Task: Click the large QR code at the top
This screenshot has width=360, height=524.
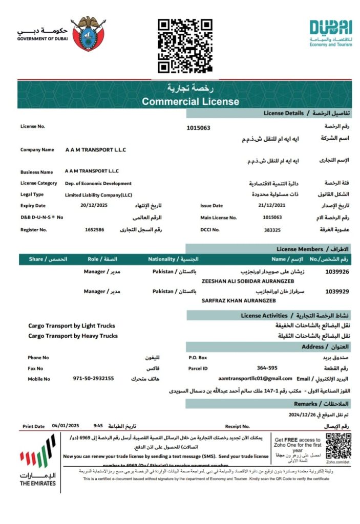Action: click(x=185, y=46)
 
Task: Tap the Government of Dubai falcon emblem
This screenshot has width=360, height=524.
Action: click(x=89, y=34)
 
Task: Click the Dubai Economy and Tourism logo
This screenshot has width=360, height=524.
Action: click(x=331, y=33)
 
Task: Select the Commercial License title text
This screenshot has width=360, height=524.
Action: click(x=190, y=101)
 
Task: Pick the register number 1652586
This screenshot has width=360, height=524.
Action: click(x=95, y=230)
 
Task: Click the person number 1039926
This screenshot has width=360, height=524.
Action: click(x=337, y=272)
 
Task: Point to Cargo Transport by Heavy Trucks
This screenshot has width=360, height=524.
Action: click(x=73, y=336)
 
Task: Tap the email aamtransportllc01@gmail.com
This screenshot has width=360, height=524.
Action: click(x=255, y=379)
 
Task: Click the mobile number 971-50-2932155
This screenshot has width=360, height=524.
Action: click(x=93, y=379)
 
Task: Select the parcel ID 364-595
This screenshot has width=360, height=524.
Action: click(x=267, y=368)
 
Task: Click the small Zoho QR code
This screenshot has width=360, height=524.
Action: click(x=338, y=446)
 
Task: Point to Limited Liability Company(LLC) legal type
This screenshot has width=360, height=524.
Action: click(x=98, y=194)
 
